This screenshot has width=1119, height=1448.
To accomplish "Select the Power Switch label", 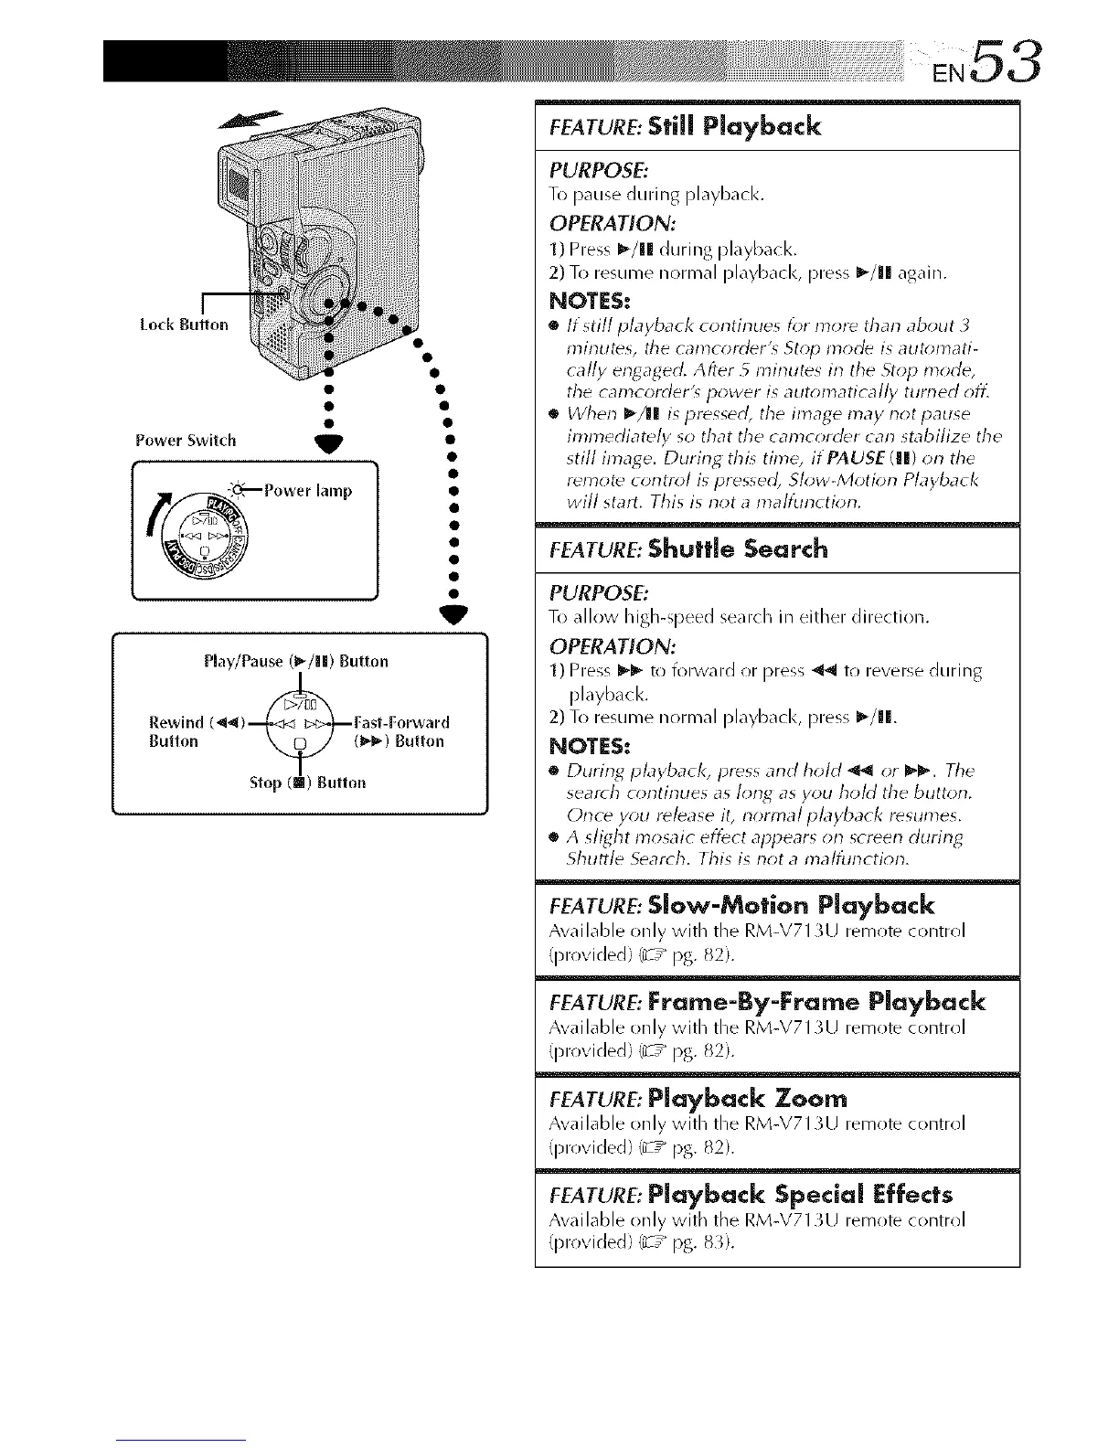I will [x=185, y=441].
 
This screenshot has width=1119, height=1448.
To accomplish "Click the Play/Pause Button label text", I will [x=297, y=661].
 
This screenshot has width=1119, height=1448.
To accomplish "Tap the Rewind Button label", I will [x=181, y=731].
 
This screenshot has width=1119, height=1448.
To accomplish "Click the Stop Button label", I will [x=307, y=783].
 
